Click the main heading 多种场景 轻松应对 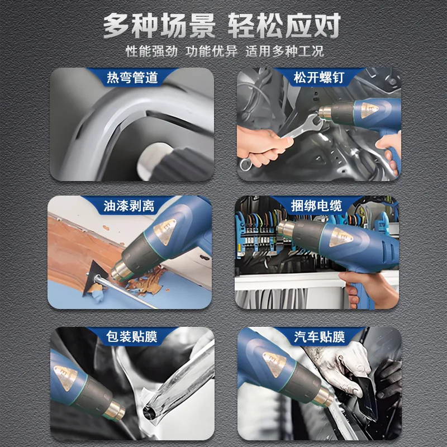click(222, 25)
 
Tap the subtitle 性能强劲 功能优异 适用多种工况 click(225, 51)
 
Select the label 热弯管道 click(132, 78)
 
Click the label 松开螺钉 click(319, 78)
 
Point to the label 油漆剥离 click(129, 206)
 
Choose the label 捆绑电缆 click(316, 206)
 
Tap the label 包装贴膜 click(132, 337)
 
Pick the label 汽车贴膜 click(319, 337)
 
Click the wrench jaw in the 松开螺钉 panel click(315, 121)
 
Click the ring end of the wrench click(245, 164)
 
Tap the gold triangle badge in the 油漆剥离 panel click(165, 230)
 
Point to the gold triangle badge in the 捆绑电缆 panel click(340, 237)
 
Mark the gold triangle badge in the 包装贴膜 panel click(66, 376)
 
